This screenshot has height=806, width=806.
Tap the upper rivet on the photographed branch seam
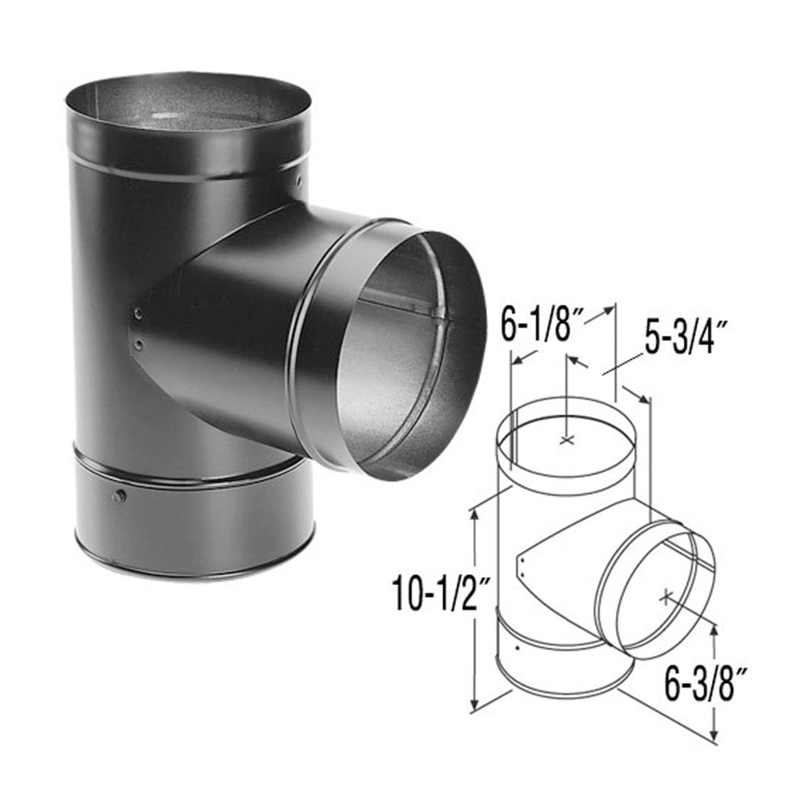coord(139,313)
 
